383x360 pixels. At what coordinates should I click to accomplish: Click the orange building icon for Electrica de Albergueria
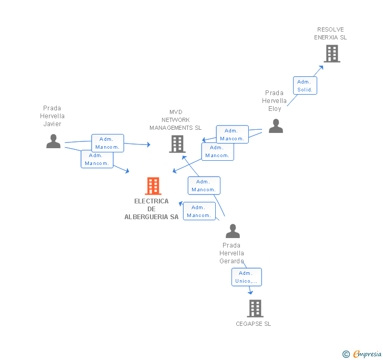pyautogui.click(x=153, y=186)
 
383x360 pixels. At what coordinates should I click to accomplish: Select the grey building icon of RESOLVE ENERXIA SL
pyautogui.click(x=331, y=54)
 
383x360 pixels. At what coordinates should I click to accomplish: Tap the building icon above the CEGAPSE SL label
pyautogui.click(x=255, y=308)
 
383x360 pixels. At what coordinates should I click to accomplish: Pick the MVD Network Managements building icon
pyautogui.click(x=177, y=143)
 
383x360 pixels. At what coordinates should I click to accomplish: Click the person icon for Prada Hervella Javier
pyautogui.click(x=53, y=141)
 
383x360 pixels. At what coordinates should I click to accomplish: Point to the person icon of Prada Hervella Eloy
pyautogui.click(x=275, y=126)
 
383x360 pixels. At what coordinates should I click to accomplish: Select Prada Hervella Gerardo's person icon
pyautogui.click(x=232, y=231)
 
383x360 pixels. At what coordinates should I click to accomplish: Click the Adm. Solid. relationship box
pyautogui.click(x=305, y=86)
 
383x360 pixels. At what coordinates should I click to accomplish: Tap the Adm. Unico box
pyautogui.click(x=246, y=277)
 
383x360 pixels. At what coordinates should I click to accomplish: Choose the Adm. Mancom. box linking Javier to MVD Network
pyautogui.click(x=107, y=143)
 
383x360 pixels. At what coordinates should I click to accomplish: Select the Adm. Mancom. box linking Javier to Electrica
pyautogui.click(x=97, y=159)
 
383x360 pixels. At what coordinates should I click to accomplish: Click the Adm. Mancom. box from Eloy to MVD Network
pyautogui.click(x=232, y=135)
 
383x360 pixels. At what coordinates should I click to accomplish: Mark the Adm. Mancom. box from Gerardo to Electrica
pyautogui.click(x=199, y=211)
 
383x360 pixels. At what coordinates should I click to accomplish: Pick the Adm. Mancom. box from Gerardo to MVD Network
pyautogui.click(x=204, y=186)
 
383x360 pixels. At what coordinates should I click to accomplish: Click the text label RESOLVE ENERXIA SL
pyautogui.click(x=330, y=34)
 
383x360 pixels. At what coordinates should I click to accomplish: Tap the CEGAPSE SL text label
pyautogui.click(x=254, y=324)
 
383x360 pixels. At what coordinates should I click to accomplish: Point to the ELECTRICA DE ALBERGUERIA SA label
pyautogui.click(x=152, y=209)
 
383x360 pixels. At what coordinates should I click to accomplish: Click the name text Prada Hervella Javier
pyautogui.click(x=53, y=116)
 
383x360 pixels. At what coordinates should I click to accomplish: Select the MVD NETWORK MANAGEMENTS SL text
pyautogui.click(x=175, y=120)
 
